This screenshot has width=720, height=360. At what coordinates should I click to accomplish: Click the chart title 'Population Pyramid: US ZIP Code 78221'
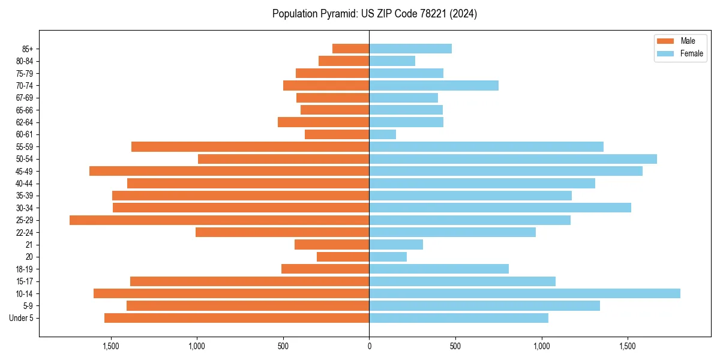pos(374,14)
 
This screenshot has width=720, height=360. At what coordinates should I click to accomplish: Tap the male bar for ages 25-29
pos(219,220)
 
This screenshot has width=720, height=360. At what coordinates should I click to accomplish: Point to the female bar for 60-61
pos(383,134)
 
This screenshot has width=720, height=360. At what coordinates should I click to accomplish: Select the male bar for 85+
pos(350,49)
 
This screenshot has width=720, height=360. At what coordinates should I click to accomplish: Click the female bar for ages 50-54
pos(513,159)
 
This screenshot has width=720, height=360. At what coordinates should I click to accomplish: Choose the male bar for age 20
pos(343,257)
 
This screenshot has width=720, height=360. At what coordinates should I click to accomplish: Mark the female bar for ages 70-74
pos(434,85)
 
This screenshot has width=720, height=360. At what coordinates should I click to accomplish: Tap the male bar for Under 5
pos(236,318)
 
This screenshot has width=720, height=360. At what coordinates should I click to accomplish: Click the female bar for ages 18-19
pos(439,269)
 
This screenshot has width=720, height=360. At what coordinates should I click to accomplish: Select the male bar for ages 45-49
pos(229,171)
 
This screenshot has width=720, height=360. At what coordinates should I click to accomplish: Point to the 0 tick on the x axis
pos(369,346)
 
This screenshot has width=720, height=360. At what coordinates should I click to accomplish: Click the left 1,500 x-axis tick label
pos(110,346)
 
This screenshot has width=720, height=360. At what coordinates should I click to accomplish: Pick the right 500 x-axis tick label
pos(455,346)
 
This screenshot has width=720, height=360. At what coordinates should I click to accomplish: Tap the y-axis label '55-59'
pos(25,147)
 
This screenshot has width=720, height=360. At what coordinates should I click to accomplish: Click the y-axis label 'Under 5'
pos(22,318)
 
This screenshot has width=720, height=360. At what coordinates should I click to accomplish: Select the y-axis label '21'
pos(29,245)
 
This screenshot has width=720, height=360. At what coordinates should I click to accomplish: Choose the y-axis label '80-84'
pos(25,61)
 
